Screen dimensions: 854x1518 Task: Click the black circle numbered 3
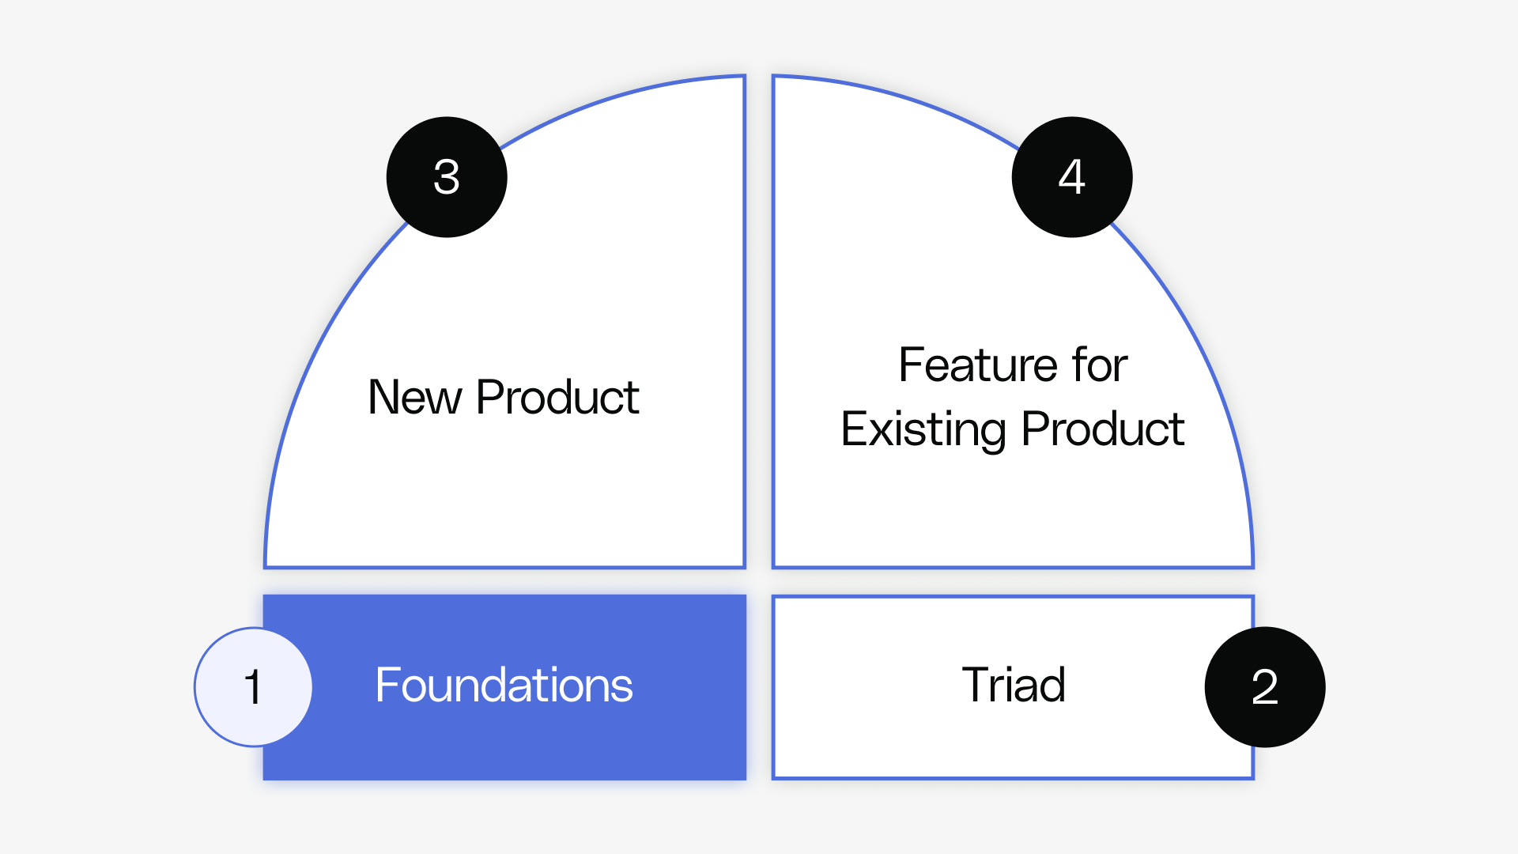tap(447, 177)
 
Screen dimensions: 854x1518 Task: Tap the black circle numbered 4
tap(1072, 177)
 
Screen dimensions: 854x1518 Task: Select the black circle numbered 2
tap(1265, 687)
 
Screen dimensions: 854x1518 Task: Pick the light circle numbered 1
tap(253, 687)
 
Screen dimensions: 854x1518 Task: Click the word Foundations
tap(504, 685)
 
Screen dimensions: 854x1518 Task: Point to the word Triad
tap(1014, 685)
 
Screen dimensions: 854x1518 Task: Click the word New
tap(414, 397)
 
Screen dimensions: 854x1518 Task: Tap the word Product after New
tap(557, 397)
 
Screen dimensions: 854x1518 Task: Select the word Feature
tap(979, 365)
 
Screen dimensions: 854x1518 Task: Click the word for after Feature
tap(1100, 365)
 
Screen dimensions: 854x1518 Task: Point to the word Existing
tap(923, 429)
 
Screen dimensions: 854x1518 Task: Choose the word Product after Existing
tap(1103, 429)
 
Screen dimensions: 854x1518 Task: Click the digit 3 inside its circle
tap(447, 177)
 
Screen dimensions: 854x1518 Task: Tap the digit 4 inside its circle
tap(1072, 177)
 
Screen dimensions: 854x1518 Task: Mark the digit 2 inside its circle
tap(1265, 687)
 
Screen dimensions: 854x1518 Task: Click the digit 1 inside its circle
tap(253, 687)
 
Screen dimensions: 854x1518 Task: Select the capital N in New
tap(383, 397)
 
